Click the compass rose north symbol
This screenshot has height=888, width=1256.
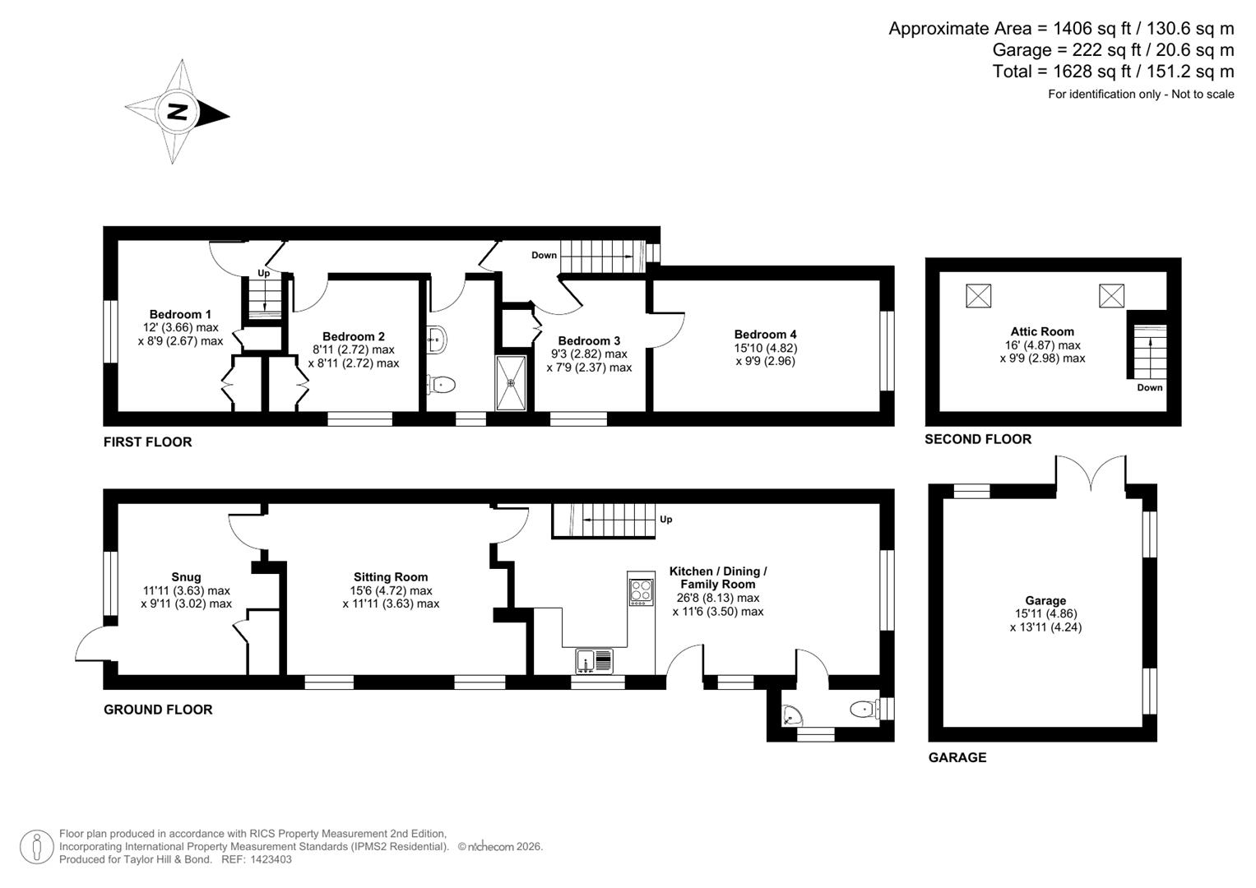click(x=177, y=112)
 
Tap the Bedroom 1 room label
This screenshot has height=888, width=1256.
click(x=180, y=314)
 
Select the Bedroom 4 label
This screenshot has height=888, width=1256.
click(x=765, y=335)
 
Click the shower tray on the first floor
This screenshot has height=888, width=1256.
click(x=513, y=382)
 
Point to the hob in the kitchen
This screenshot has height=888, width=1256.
click(x=641, y=591)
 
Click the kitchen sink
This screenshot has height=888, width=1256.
click(x=595, y=660)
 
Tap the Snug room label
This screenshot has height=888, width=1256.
click(x=186, y=577)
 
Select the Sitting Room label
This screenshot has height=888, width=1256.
click(x=391, y=577)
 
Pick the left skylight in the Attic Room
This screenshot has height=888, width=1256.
click(x=978, y=295)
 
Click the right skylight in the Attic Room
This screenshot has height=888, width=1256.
click(x=1111, y=295)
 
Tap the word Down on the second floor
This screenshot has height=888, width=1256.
click(x=1149, y=387)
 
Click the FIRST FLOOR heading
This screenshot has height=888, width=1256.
click(x=147, y=442)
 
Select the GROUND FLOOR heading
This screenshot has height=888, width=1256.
click(x=158, y=710)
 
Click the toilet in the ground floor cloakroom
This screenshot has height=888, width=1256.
click(x=862, y=709)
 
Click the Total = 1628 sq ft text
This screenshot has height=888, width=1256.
click(x=1113, y=72)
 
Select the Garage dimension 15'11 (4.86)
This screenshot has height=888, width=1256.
click(x=1045, y=614)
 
